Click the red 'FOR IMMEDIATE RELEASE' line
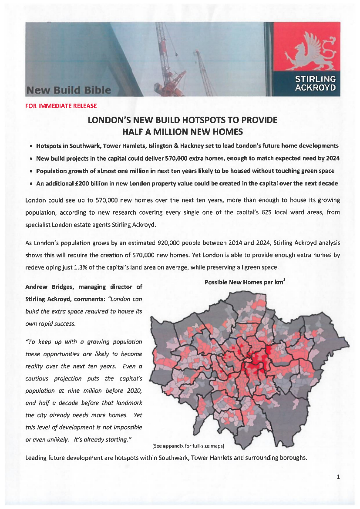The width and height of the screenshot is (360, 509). pos(61,106)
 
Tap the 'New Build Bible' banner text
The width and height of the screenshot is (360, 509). pos(69,90)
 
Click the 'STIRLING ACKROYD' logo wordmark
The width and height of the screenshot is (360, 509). pos(316,83)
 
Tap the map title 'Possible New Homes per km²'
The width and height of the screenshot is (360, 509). pos(245,282)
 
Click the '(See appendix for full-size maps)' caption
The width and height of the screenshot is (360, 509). pos(188,446)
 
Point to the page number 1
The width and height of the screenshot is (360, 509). pos(338,477)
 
